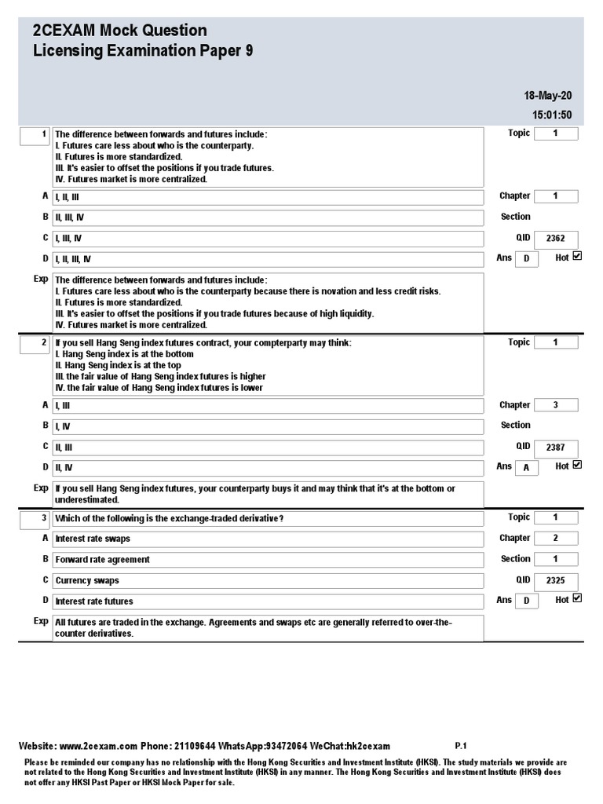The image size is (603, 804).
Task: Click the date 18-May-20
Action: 547,96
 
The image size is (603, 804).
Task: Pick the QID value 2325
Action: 555,582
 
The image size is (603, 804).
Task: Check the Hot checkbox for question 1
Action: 578,256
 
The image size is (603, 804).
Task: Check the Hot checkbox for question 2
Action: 578,465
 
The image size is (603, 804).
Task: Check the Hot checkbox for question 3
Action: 578,598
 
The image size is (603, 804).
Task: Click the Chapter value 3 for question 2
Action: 555,405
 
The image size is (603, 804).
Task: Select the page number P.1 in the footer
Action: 460,746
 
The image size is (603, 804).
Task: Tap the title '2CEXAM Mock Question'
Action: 119,31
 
